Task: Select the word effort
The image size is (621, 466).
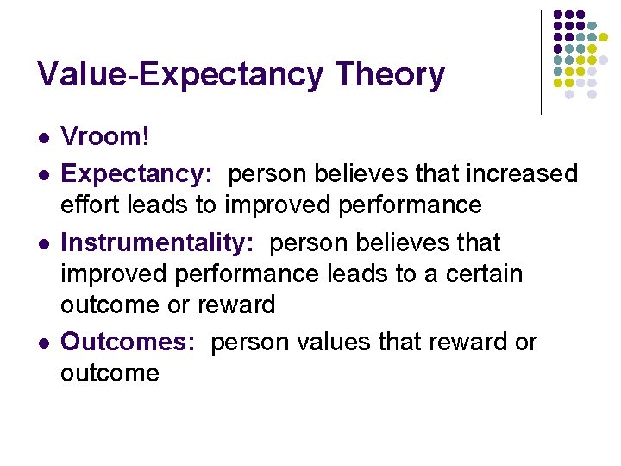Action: point(89,205)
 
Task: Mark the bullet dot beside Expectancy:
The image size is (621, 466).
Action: point(42,174)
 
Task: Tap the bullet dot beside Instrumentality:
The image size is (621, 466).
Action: point(42,243)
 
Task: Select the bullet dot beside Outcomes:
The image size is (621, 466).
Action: point(42,343)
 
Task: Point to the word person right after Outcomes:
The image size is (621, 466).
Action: point(249,343)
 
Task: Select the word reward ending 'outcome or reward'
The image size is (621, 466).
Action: point(235,305)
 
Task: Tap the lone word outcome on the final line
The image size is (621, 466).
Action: point(110,374)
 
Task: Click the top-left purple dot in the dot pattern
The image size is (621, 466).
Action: point(558,16)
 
